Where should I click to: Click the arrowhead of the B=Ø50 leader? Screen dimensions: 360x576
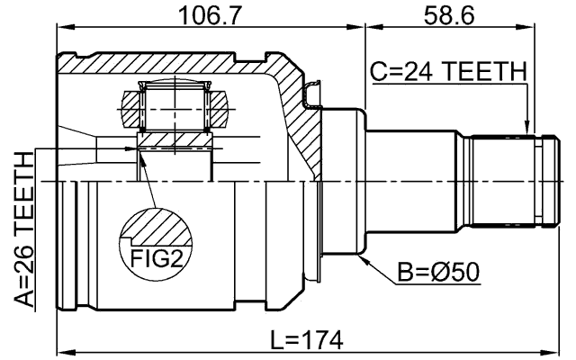[361, 257]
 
